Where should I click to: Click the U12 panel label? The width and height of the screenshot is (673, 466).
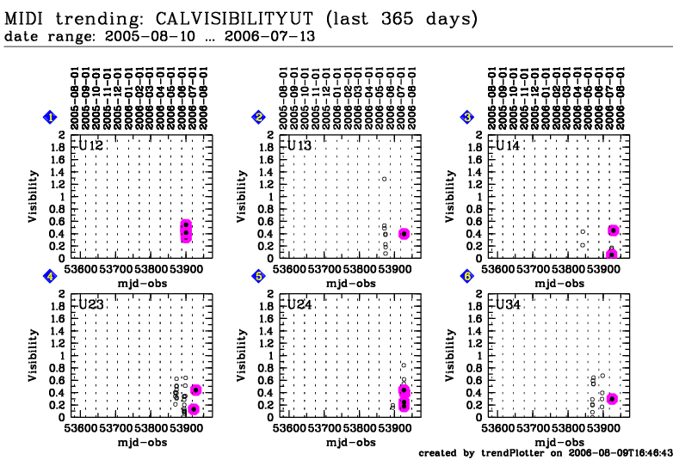(x=91, y=146)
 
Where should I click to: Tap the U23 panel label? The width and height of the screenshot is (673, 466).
(x=91, y=305)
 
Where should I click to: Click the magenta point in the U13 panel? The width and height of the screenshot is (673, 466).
(x=404, y=234)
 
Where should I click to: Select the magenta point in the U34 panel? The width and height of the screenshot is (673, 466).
(x=612, y=399)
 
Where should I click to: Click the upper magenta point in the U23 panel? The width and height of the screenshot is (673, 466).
(x=195, y=390)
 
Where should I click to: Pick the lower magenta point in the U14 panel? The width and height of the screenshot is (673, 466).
(x=612, y=254)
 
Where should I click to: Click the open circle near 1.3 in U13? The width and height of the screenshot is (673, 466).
(x=385, y=179)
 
